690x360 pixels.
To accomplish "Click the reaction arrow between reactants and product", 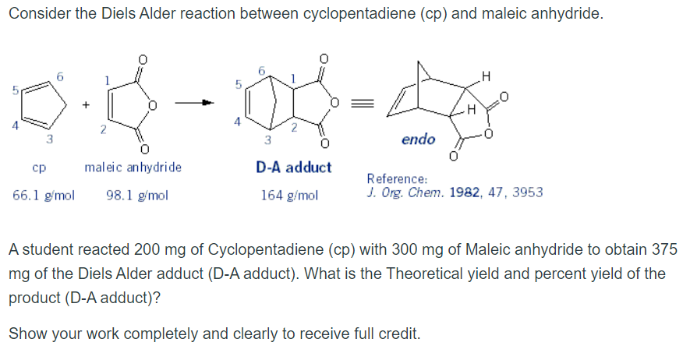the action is (x=199, y=102).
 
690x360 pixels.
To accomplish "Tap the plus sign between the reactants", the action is (x=86, y=103).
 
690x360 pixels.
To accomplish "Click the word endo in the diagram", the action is (x=418, y=139).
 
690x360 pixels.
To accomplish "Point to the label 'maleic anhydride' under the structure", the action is (x=133, y=167).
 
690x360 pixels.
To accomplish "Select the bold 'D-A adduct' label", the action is (x=293, y=167).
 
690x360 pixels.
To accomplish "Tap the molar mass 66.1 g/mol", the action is (x=44, y=194).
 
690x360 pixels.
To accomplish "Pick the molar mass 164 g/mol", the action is (x=289, y=194).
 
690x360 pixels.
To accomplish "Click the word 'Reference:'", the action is (x=397, y=178).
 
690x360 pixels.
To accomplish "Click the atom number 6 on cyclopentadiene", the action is (x=59, y=75).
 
